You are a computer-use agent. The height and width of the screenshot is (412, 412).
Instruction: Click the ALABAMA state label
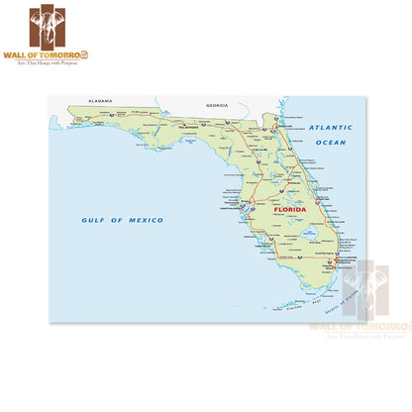pyautogui.click(x=100, y=102)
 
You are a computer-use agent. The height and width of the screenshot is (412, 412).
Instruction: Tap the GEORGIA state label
pyautogui.click(x=217, y=105)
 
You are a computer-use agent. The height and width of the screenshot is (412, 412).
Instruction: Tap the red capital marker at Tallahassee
pyautogui.click(x=188, y=124)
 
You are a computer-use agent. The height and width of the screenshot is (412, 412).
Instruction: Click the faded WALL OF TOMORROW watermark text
pyautogui.click(x=358, y=326)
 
